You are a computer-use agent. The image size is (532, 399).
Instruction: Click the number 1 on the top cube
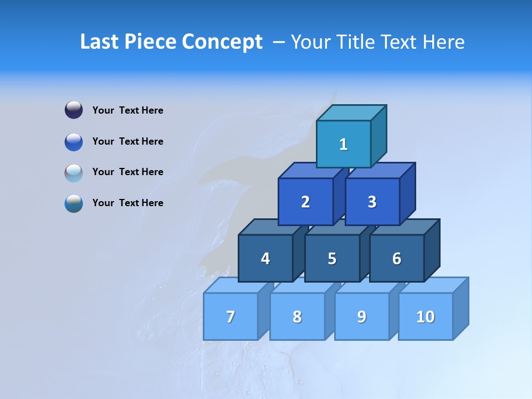tap(344, 145)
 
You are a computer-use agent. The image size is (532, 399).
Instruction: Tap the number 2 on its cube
tap(305, 202)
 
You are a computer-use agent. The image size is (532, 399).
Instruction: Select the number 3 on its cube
tap(372, 202)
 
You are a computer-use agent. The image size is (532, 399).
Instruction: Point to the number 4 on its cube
tap(265, 259)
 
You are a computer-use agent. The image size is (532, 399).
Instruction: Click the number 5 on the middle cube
tap(332, 259)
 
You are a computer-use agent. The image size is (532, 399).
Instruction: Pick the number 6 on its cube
tap(397, 259)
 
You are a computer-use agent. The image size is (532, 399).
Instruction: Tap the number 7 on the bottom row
tap(231, 317)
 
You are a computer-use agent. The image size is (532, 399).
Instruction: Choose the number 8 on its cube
tap(297, 317)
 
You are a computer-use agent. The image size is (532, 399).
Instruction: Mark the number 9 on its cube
tap(361, 317)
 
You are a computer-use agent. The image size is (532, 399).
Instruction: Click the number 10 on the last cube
tap(425, 317)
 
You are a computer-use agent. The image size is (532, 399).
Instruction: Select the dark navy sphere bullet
tap(74, 110)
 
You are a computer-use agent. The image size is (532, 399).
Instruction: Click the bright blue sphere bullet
tap(74, 141)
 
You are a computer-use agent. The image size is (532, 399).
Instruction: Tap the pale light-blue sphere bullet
tap(74, 172)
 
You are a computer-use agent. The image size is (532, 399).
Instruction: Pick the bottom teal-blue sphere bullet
tap(74, 203)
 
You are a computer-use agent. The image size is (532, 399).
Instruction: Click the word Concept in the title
tap(222, 42)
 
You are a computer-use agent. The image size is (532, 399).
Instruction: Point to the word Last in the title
tap(101, 42)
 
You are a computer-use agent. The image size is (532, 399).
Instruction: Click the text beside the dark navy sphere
tap(128, 110)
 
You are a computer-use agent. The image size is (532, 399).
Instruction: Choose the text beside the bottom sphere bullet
tap(128, 203)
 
